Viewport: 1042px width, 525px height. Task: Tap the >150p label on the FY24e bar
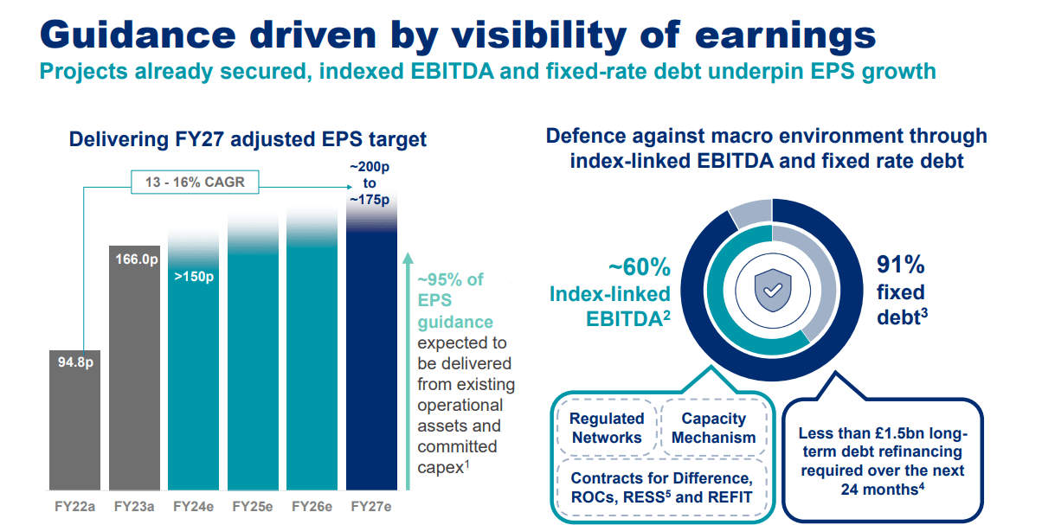coord(194,279)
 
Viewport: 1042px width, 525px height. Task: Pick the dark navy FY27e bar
coord(370,363)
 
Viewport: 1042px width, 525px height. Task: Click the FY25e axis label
coord(253,506)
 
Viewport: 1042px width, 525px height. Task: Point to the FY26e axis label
coord(312,506)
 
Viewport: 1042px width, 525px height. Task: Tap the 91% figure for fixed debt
coord(901,265)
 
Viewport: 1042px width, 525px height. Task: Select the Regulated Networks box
coord(607,427)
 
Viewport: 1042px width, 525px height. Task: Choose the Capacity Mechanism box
coord(714,427)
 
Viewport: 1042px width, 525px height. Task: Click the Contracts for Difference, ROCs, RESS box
coord(661,487)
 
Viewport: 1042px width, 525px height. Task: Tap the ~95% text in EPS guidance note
coord(450,279)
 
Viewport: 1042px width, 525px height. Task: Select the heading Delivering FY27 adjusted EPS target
coord(248,139)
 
